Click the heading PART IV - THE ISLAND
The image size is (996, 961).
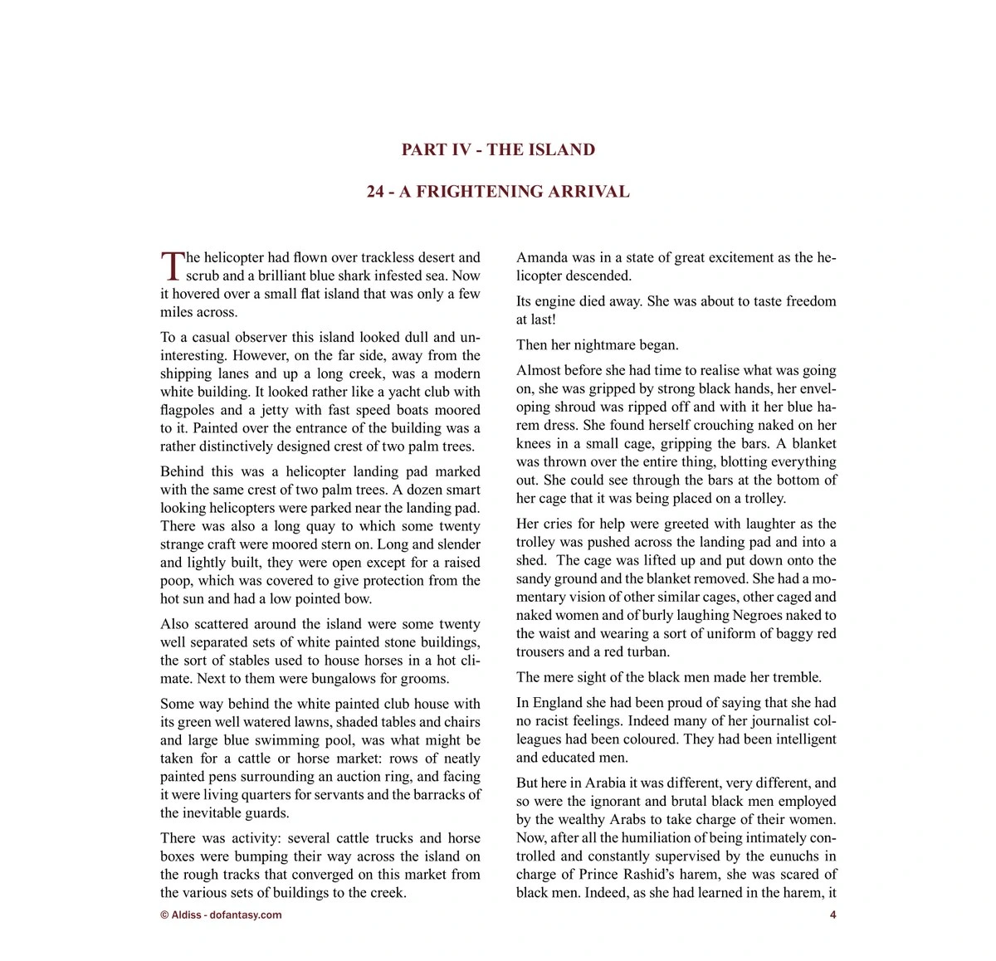coord(498,150)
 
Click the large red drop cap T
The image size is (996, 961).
coord(172,266)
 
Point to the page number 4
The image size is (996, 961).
coord(832,915)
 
